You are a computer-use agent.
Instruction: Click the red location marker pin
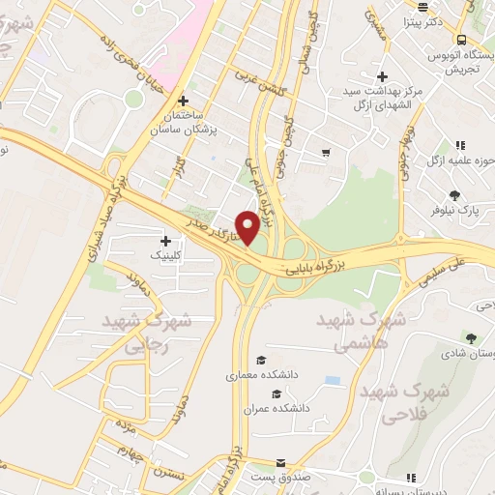coord(248,228)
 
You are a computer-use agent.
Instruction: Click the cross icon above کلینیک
coord(165,241)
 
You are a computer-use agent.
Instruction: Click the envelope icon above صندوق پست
coord(281,464)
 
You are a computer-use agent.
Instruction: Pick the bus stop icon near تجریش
coord(462,40)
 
